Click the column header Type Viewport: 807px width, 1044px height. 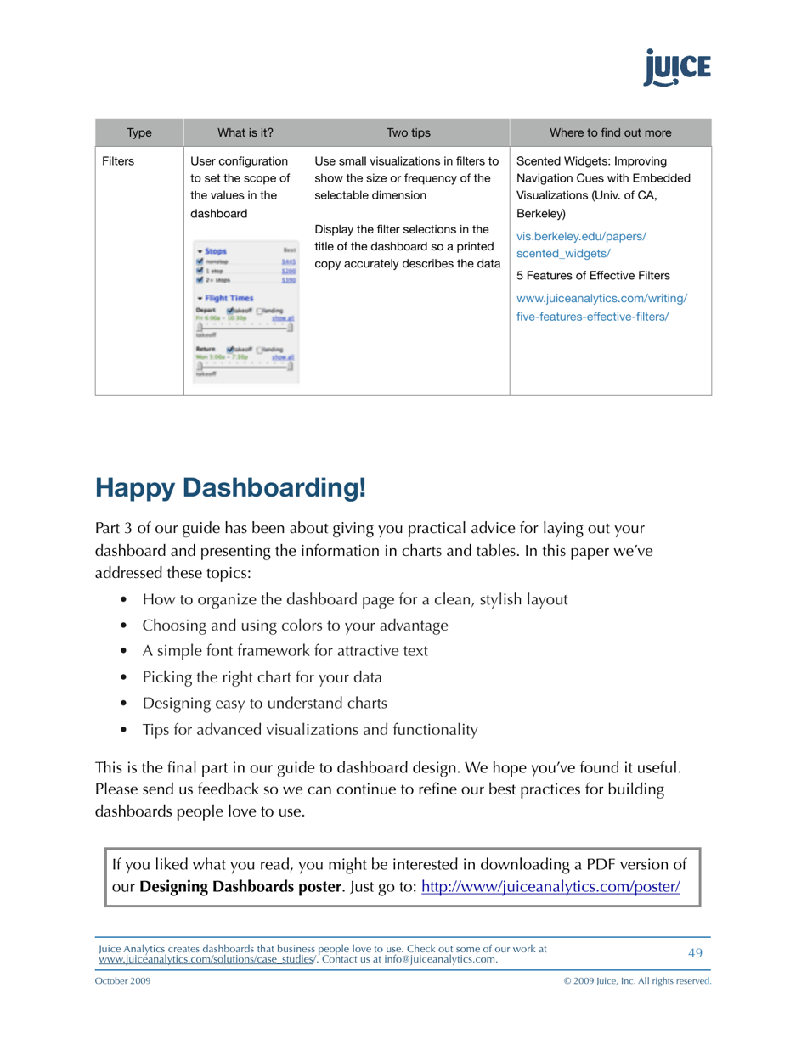click(138, 132)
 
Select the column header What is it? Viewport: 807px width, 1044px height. click(245, 132)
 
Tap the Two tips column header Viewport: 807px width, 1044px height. click(408, 132)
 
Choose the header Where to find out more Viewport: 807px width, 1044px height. click(610, 132)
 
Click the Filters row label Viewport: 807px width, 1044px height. click(118, 160)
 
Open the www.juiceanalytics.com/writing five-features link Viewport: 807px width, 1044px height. click(601, 306)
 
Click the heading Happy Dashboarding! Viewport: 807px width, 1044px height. click(231, 488)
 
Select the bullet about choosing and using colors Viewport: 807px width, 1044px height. click(295, 626)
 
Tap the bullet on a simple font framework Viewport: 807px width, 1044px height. click(285, 651)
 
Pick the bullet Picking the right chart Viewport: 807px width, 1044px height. click(262, 677)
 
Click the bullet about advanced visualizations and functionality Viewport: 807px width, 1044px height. click(309, 729)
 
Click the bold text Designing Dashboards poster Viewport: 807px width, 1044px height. click(240, 888)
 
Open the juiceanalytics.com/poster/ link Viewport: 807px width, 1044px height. click(550, 888)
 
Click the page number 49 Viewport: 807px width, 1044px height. click(695, 953)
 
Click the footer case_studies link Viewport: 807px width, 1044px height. click(207, 959)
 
